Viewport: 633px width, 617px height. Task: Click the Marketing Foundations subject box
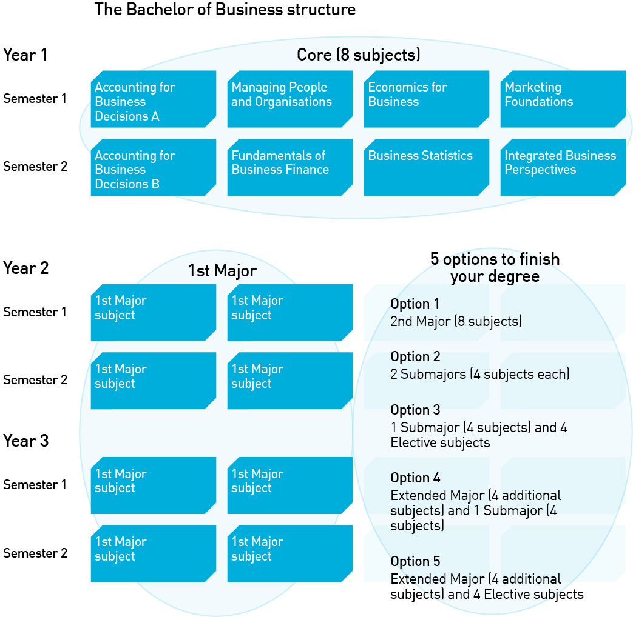(563, 99)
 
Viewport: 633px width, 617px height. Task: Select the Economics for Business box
(426, 99)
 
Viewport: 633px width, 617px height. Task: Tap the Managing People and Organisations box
(289, 99)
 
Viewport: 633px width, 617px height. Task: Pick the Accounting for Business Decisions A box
(153, 99)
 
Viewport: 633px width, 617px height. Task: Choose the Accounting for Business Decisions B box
(153, 167)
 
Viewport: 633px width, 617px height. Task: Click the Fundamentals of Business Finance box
(289, 167)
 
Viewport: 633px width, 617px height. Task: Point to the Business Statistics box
(426, 167)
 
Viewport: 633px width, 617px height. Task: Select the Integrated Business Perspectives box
(563, 167)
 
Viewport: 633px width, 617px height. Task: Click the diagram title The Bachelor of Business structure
(225, 10)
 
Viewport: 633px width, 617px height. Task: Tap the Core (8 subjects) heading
(359, 55)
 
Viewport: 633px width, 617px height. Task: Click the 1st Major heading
(222, 271)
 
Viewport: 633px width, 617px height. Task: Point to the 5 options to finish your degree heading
(495, 268)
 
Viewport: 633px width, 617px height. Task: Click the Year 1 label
(25, 55)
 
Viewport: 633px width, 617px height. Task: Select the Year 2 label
(26, 268)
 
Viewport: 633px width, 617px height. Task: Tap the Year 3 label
(26, 441)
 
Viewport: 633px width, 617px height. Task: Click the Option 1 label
(415, 304)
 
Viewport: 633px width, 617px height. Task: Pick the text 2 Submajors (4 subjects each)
(480, 375)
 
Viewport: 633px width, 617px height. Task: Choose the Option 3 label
(415, 410)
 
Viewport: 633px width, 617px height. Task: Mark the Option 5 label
(415, 561)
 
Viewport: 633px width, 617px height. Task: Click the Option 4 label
(415, 478)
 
